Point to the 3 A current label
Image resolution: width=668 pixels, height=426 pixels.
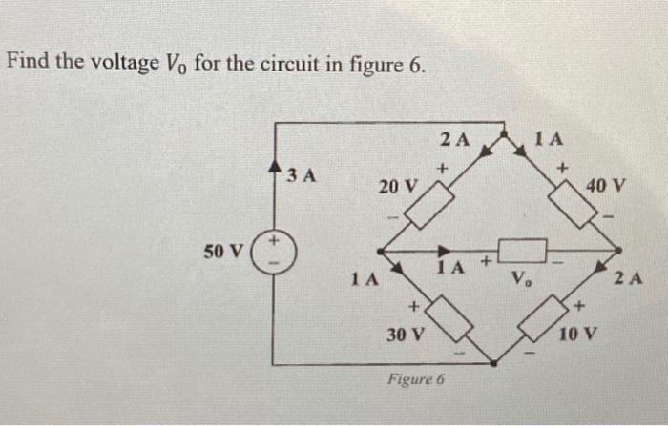(303, 175)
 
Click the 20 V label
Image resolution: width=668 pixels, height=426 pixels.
(396, 186)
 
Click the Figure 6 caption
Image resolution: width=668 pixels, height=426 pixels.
(416, 379)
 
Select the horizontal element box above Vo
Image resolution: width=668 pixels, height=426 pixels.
(521, 251)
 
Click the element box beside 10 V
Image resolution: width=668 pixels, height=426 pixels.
(541, 318)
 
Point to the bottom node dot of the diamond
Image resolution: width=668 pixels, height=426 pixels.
(493, 362)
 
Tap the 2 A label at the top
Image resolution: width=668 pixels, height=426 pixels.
(455, 139)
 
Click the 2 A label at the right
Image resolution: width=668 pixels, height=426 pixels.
(629, 278)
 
